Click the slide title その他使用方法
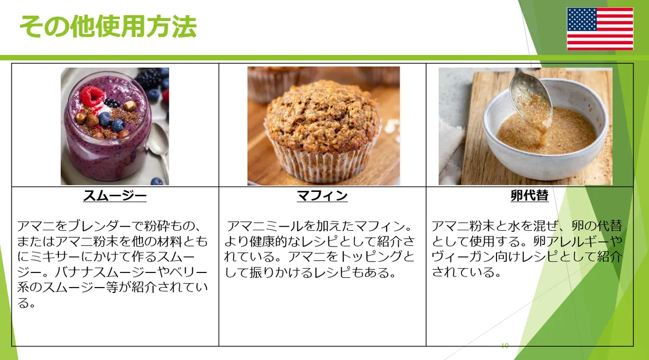(108, 26)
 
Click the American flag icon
(600, 29)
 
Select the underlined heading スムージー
(115, 196)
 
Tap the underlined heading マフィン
(322, 196)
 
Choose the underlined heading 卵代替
(529, 196)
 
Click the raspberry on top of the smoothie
(92, 96)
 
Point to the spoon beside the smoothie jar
(159, 148)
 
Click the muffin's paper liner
(322, 162)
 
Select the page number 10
(505, 345)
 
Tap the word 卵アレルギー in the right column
(572, 241)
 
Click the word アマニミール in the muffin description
(264, 226)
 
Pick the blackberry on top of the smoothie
(111, 103)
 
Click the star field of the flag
(581, 19)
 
